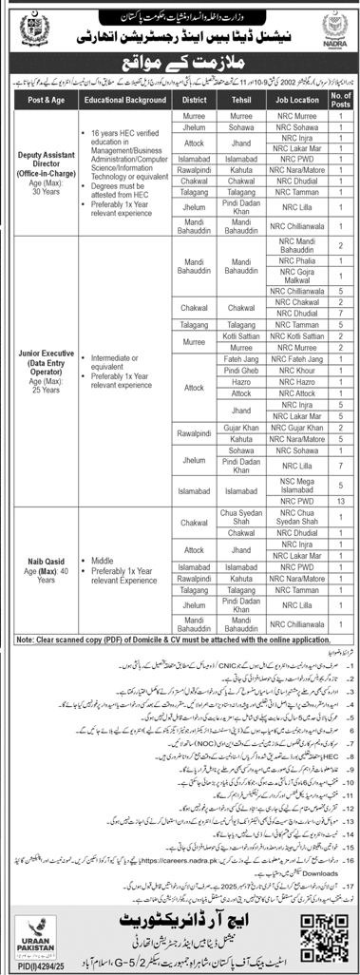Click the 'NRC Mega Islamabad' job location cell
coord(294,483)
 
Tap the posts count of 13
coord(340,499)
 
